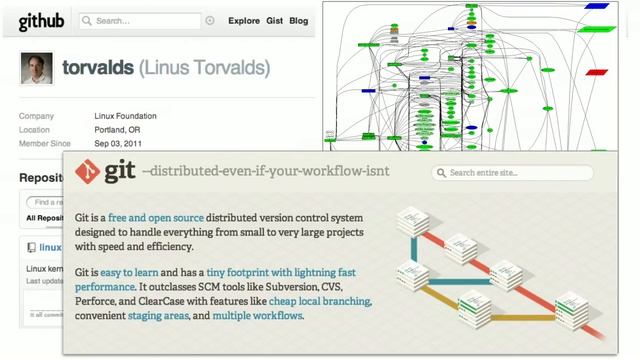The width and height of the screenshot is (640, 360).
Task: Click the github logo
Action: coord(40,21)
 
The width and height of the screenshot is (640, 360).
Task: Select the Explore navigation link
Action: coord(244,21)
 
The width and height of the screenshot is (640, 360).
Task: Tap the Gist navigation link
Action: coord(274,21)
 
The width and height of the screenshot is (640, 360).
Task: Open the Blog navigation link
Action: coord(298,21)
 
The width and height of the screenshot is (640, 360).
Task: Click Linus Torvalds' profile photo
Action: coord(36,68)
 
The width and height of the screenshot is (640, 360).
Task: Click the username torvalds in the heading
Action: coord(96,68)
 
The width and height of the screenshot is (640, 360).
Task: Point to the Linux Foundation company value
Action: coord(126,116)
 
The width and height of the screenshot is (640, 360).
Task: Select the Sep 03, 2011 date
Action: coord(123,144)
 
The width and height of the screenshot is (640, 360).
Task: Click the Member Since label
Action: coord(45,144)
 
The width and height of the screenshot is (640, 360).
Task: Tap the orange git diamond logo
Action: coord(87,171)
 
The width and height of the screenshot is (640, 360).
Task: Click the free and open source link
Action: coord(155,218)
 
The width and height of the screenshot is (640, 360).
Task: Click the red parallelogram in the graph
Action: coord(597,73)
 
